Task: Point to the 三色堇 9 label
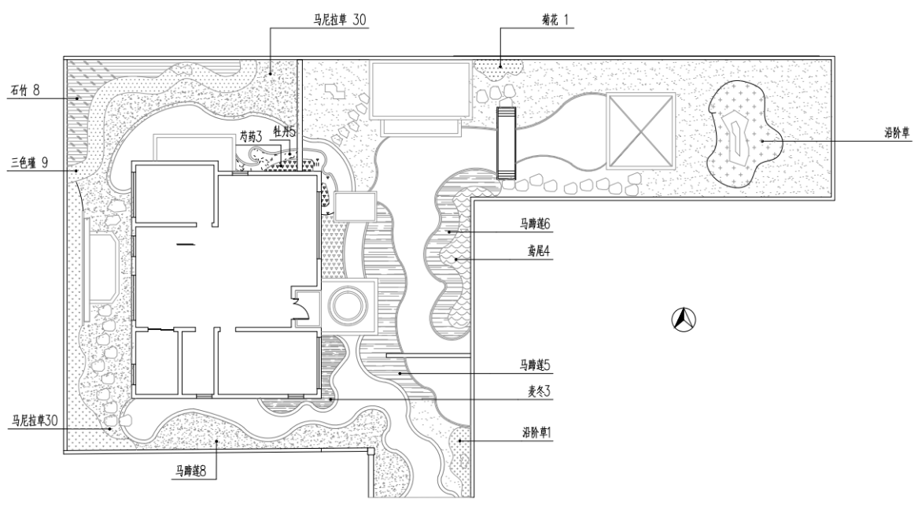28,164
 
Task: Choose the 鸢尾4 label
537,252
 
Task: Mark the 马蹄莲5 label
535,365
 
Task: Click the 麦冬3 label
536,391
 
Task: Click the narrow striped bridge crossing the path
505,142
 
